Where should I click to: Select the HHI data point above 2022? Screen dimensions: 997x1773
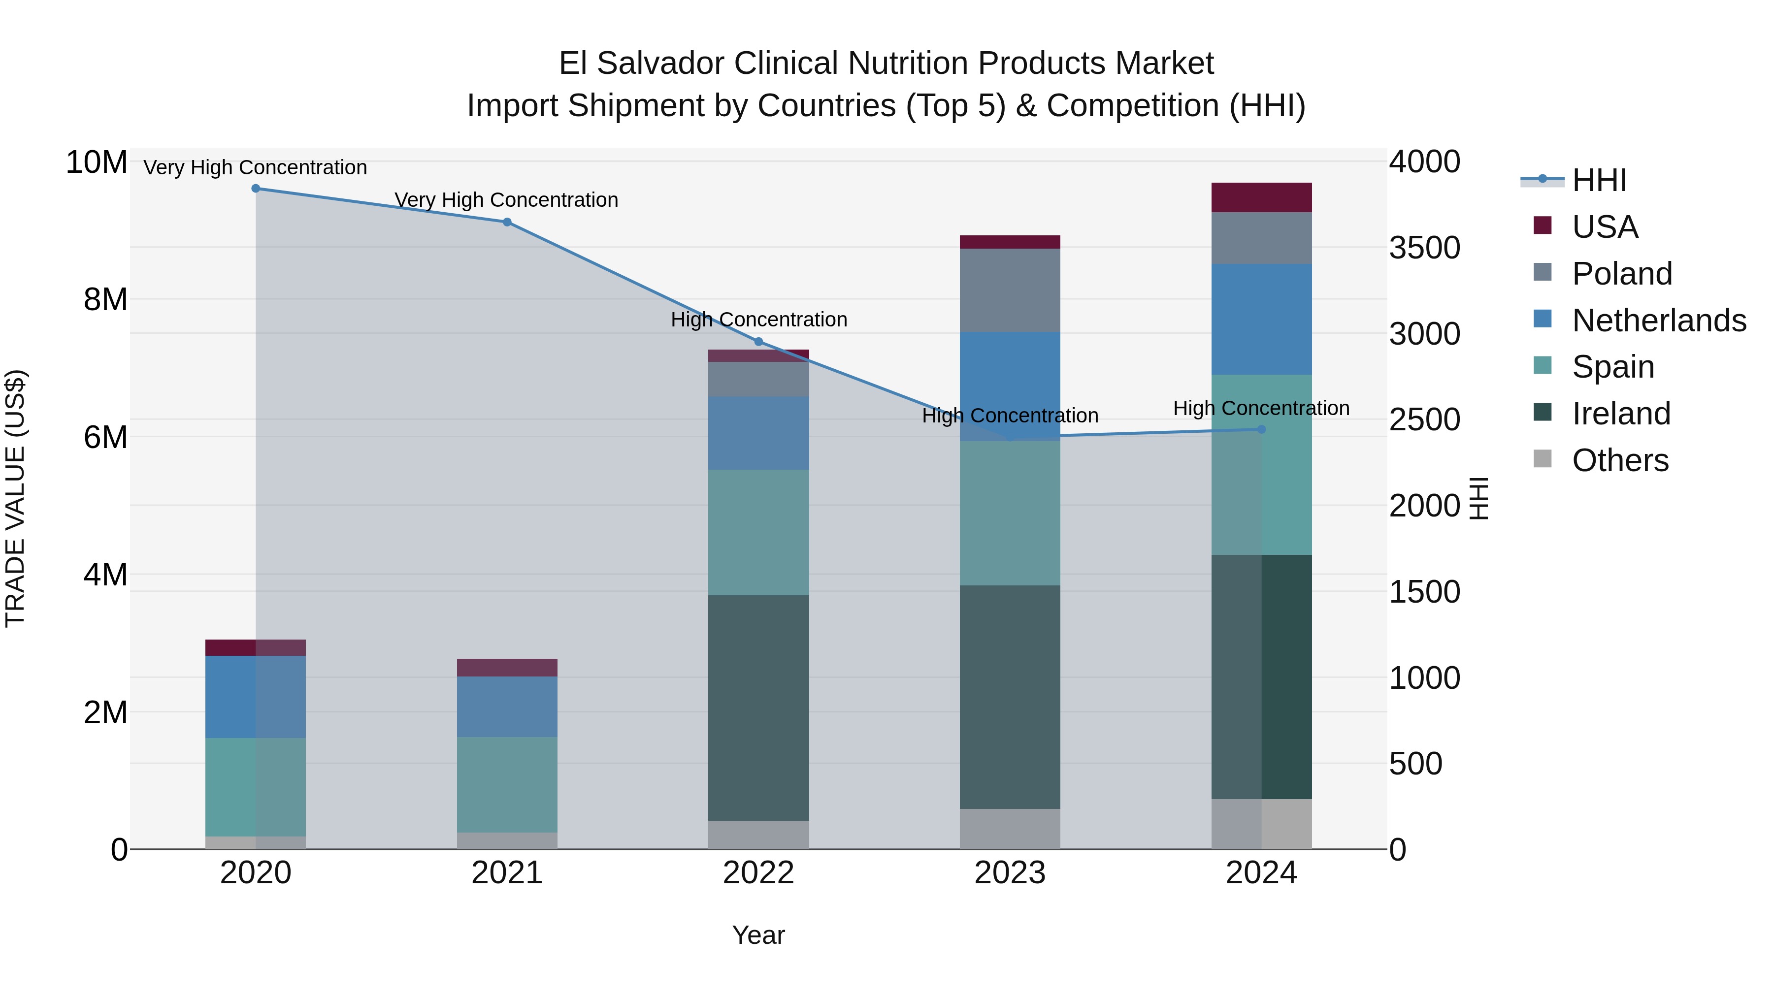(758, 341)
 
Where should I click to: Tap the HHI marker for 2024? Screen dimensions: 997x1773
(1262, 429)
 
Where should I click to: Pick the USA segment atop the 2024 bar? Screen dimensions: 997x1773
(1262, 197)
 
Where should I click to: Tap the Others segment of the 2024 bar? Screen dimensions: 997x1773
(1262, 824)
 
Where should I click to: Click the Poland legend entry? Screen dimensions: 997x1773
(1622, 274)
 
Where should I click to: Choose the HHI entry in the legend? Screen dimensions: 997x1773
(1599, 180)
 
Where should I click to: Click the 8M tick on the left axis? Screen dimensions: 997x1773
(105, 300)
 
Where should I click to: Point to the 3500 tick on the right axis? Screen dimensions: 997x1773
(1424, 248)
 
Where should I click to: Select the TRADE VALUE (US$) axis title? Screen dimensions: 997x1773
(15, 498)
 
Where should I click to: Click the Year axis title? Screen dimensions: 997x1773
(758, 935)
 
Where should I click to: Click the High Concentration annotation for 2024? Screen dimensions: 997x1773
(1261, 408)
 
